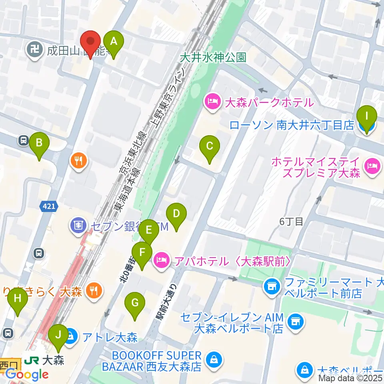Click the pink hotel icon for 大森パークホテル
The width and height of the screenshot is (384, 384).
tap(211, 102)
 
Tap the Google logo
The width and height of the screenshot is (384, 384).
tap(27, 374)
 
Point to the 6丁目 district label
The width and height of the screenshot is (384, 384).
tap(291, 221)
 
